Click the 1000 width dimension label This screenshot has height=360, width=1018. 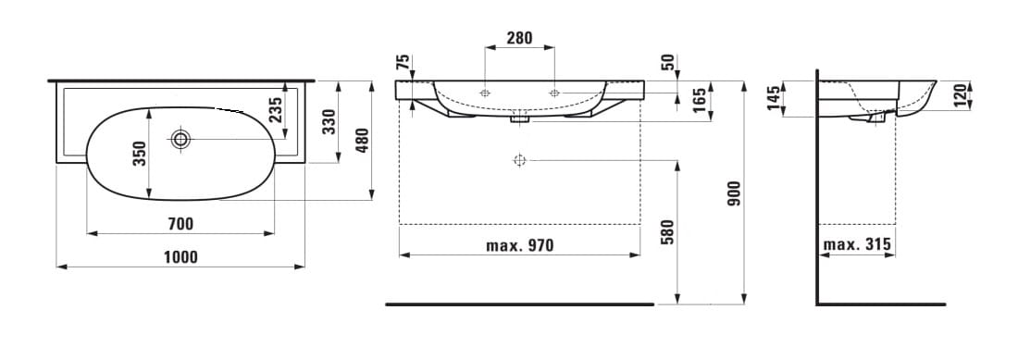(x=180, y=257)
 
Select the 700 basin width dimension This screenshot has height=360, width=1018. (x=180, y=225)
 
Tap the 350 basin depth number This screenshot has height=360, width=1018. (x=140, y=154)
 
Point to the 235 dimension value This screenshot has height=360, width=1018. (x=275, y=110)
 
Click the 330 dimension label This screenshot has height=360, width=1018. (x=329, y=122)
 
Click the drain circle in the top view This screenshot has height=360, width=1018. (x=180, y=138)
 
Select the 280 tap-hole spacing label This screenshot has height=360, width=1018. (x=519, y=38)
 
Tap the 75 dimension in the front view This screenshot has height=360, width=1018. (x=403, y=62)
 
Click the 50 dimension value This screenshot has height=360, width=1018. (x=668, y=63)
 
